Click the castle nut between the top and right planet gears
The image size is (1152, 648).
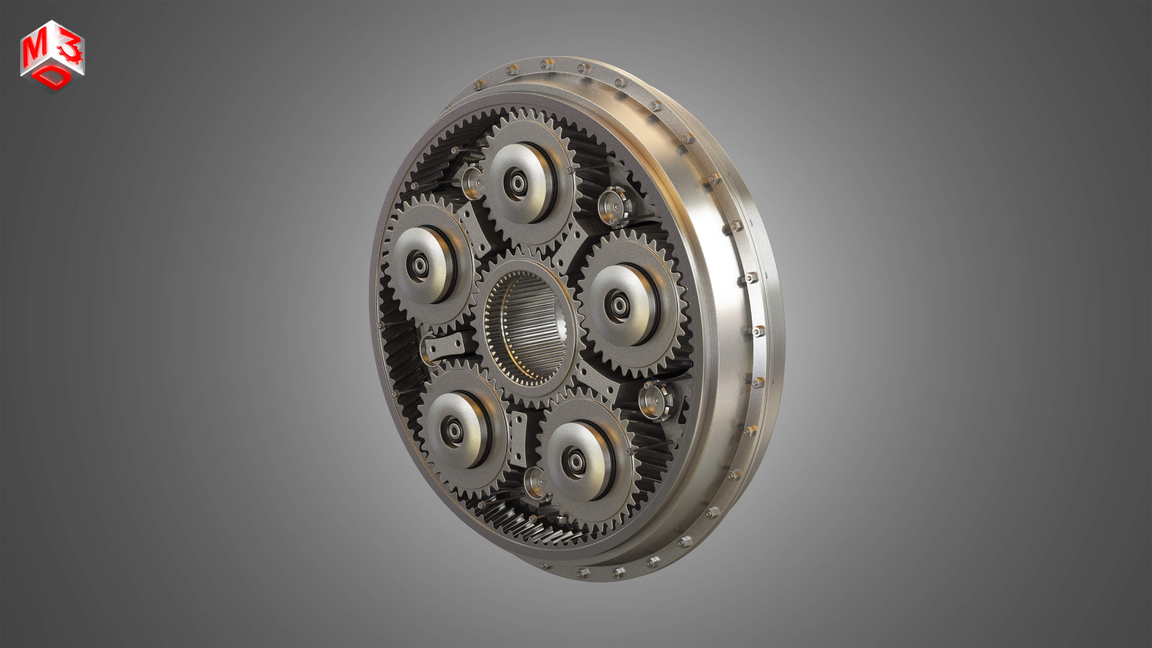[x=615, y=206]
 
